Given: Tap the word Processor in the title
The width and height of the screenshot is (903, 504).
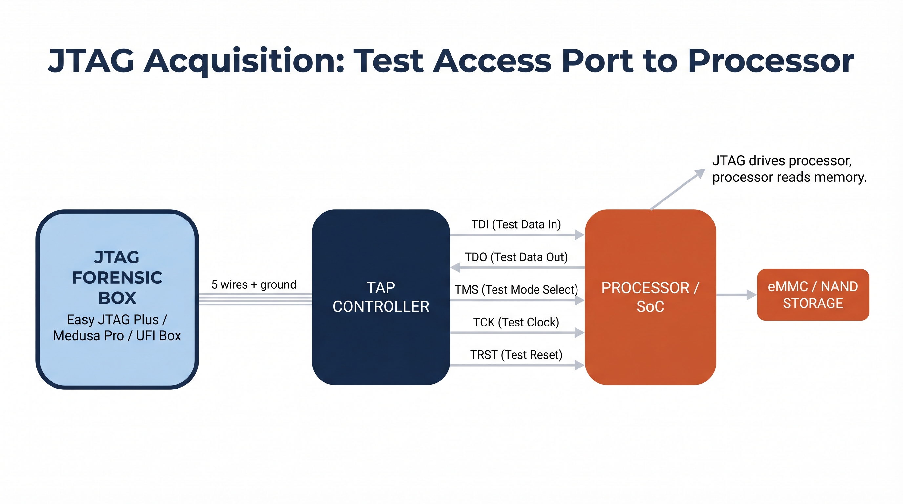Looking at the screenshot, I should coord(770,61).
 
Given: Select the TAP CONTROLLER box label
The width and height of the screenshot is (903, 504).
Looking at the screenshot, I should coord(381,297).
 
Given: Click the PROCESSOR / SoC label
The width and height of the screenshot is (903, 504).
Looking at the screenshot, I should coord(650,297).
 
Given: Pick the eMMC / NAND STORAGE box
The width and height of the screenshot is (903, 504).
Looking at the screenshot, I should coord(812,295).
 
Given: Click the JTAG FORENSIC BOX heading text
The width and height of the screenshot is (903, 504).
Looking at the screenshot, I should coord(117,277).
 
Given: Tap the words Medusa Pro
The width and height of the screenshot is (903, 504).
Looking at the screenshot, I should coord(88,336).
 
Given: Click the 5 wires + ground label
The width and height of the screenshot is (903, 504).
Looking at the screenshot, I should coord(254,284).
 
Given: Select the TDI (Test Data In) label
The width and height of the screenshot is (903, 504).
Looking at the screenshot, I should coord(516,224).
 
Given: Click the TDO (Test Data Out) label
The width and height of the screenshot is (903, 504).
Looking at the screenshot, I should coord(516,257).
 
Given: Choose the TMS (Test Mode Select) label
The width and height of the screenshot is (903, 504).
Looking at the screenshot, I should coord(516,289).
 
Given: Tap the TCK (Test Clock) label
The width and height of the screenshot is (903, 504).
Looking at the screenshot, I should coord(516,322).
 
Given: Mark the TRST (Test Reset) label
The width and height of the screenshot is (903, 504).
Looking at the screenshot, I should coord(516,355).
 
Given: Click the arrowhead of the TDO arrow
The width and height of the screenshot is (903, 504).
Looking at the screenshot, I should coord(455,268).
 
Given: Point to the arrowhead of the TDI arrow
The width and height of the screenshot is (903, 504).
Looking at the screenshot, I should coord(579,235).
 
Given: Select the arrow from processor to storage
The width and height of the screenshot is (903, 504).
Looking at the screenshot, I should coord(736,295).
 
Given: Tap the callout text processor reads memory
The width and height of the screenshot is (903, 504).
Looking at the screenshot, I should coord(789,177).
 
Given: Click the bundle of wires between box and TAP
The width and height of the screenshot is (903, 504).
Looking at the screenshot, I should coord(255,299).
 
